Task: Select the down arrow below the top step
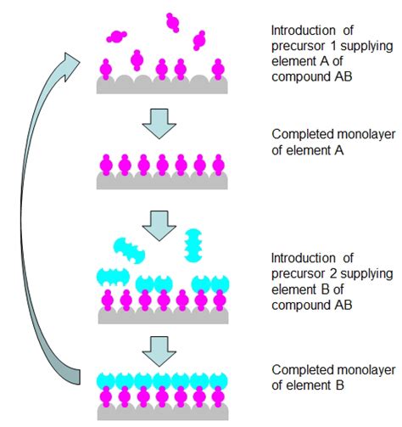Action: point(159,124)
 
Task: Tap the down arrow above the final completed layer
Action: point(159,351)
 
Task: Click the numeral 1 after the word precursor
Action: point(333,46)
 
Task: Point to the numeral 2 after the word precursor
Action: point(333,273)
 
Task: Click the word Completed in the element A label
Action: point(303,135)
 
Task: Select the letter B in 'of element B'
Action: point(340,385)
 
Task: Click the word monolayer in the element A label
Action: point(366,134)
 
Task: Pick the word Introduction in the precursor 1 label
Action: point(304,31)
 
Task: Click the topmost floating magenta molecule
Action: point(172,22)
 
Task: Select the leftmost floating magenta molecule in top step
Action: point(116,37)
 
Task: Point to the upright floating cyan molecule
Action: point(193,245)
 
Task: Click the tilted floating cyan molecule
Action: point(129,250)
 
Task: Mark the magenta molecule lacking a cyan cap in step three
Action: point(182,300)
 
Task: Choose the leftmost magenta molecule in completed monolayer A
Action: point(106,165)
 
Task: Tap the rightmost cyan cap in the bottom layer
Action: point(219,381)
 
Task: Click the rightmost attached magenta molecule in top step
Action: point(218,70)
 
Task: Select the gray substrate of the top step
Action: point(162,85)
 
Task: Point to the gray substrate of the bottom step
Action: point(163,412)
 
